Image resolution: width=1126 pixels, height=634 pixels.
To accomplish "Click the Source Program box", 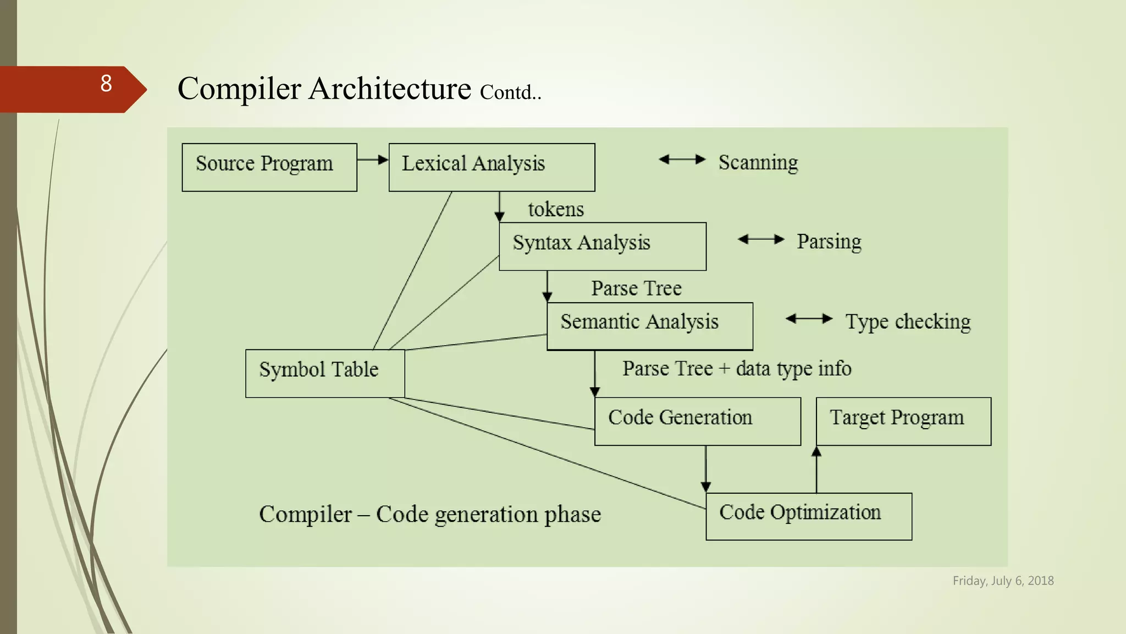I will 269,167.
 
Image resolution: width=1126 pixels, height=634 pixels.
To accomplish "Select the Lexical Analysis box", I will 492,167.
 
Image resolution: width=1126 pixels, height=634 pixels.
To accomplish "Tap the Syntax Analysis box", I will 602,246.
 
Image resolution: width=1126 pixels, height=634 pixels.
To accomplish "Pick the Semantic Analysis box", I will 649,326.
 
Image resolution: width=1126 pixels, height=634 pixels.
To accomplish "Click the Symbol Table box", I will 325,373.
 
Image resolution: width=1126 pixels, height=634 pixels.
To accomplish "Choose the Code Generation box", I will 697,421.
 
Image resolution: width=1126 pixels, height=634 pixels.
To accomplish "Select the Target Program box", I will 903,421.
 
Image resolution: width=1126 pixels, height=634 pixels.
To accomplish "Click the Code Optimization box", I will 808,516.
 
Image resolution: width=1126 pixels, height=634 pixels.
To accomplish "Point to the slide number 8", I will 106,84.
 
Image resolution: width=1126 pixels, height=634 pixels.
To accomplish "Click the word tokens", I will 556,210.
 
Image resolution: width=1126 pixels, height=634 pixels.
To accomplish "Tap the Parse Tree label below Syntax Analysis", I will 636,288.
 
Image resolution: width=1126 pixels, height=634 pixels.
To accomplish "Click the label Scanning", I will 758,162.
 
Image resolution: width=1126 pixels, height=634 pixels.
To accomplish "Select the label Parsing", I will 829,242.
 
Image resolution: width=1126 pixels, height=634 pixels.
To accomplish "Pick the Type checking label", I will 908,321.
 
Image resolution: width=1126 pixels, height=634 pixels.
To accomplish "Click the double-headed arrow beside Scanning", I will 682,160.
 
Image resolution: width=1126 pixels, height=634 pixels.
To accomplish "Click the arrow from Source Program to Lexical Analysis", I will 373,160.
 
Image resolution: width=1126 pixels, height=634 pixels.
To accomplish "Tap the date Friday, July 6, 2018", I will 1003,581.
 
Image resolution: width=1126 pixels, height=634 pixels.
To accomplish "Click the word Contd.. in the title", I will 510,92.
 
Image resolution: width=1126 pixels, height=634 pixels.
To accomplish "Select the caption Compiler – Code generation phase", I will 430,514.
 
